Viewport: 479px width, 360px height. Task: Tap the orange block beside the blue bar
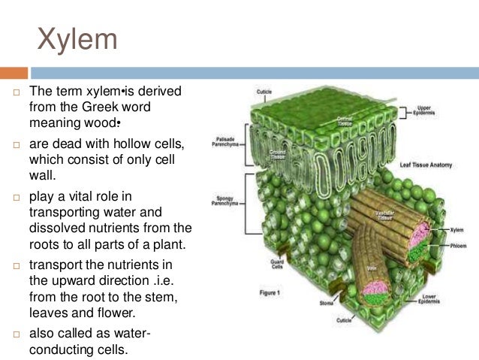(14, 74)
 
